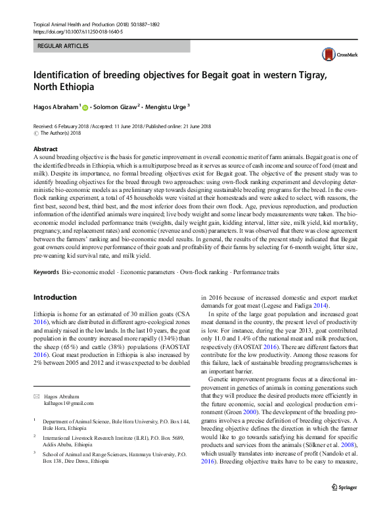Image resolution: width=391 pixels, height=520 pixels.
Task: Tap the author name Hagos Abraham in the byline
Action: [x=57, y=106]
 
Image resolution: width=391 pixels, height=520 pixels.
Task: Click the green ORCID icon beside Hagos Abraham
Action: [x=84, y=106]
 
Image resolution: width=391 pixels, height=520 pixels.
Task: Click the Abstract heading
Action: [x=45, y=149]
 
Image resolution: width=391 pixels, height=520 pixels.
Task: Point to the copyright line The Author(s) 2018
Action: [x=64, y=133]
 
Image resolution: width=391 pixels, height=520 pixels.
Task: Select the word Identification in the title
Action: [x=64, y=75]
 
